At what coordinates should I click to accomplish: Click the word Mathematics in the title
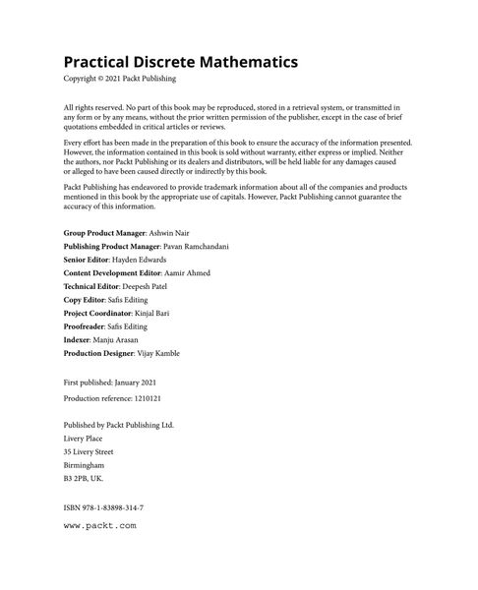click(237, 62)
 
